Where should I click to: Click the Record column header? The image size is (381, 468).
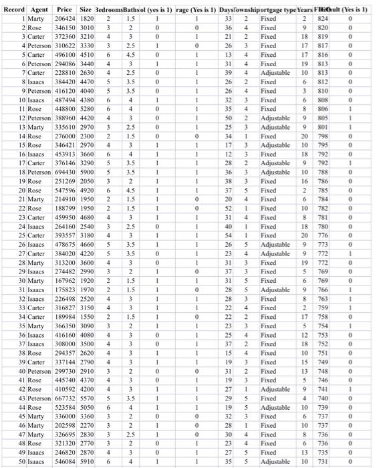[x=14, y=10]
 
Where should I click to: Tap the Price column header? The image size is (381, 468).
[x=65, y=10]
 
